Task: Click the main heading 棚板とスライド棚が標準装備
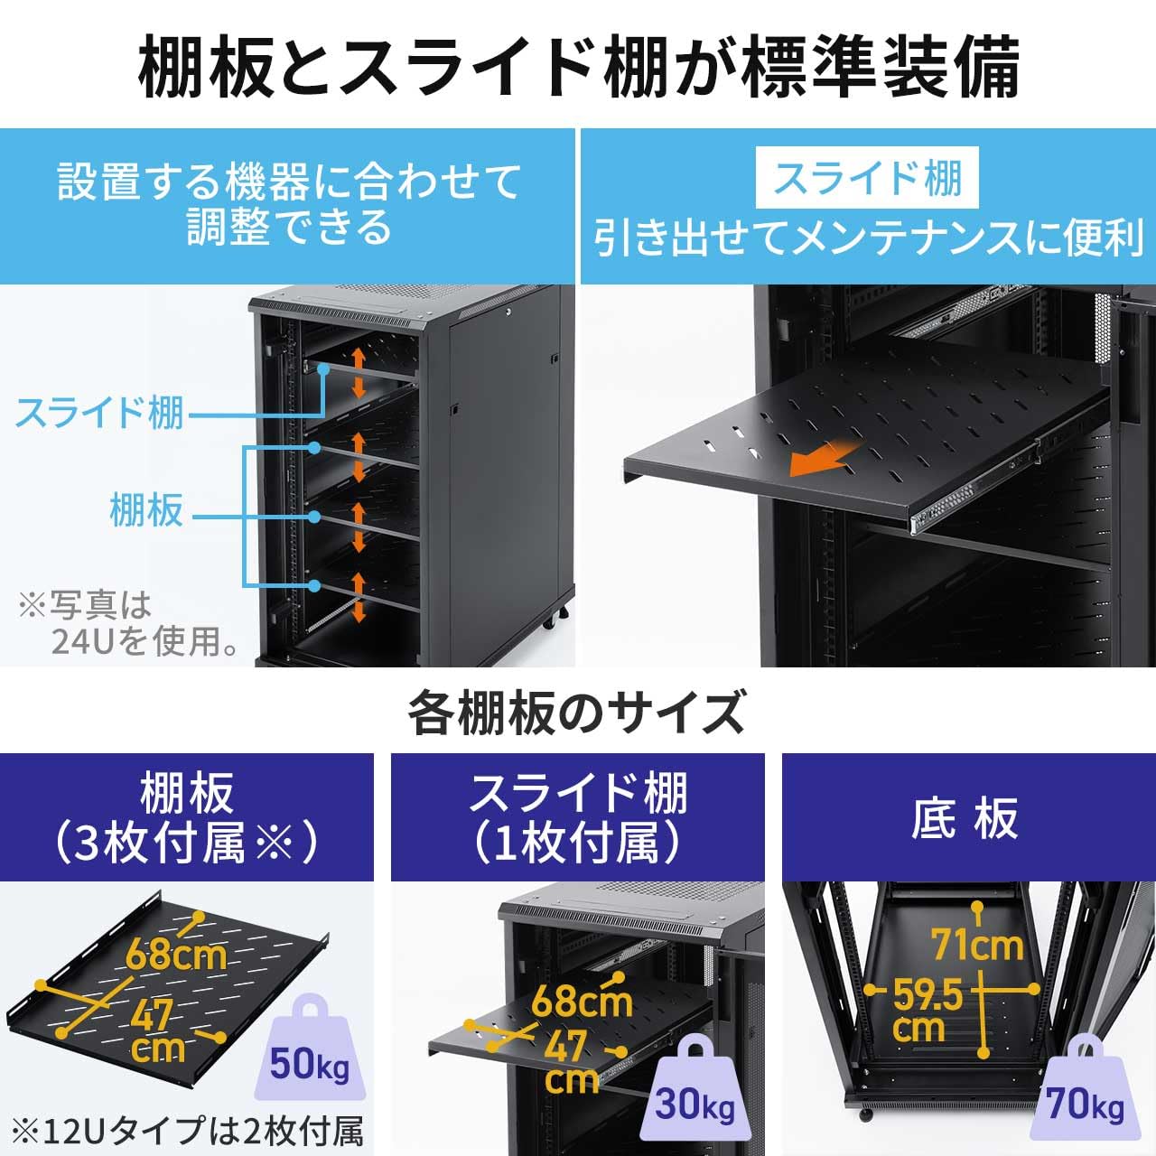tap(578, 65)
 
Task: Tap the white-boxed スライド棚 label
tap(868, 178)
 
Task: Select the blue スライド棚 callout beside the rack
tap(99, 413)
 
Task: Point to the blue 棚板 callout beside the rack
tap(146, 509)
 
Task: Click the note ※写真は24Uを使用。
tap(126, 623)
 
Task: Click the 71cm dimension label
tap(977, 946)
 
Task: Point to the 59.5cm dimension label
tap(925, 1011)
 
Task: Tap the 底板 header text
tap(965, 818)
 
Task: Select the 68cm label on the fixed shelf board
tap(176, 954)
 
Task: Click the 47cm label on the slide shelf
tap(569, 1062)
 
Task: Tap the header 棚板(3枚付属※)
tap(186, 818)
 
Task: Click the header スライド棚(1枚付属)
tap(577, 818)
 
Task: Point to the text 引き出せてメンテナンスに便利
tap(868, 238)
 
